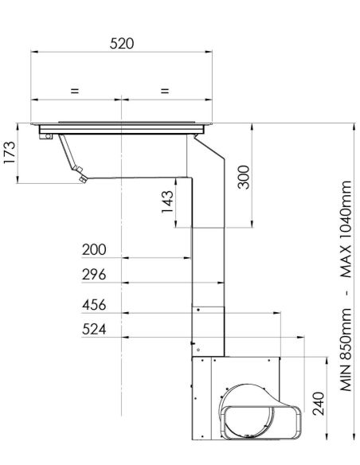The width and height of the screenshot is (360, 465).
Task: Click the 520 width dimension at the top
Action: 122,44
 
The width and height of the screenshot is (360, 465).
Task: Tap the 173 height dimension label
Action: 10,152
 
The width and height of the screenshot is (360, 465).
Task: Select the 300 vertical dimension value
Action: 244,177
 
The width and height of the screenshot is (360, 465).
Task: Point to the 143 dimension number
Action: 167,201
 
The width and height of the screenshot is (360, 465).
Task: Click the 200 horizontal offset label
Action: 94,250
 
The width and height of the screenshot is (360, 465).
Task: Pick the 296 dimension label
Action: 94,275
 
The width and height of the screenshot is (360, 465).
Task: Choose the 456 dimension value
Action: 94,305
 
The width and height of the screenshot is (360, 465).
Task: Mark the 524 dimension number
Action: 94,330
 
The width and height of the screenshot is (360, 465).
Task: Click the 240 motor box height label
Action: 319,404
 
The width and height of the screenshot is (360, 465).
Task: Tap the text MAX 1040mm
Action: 346,229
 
